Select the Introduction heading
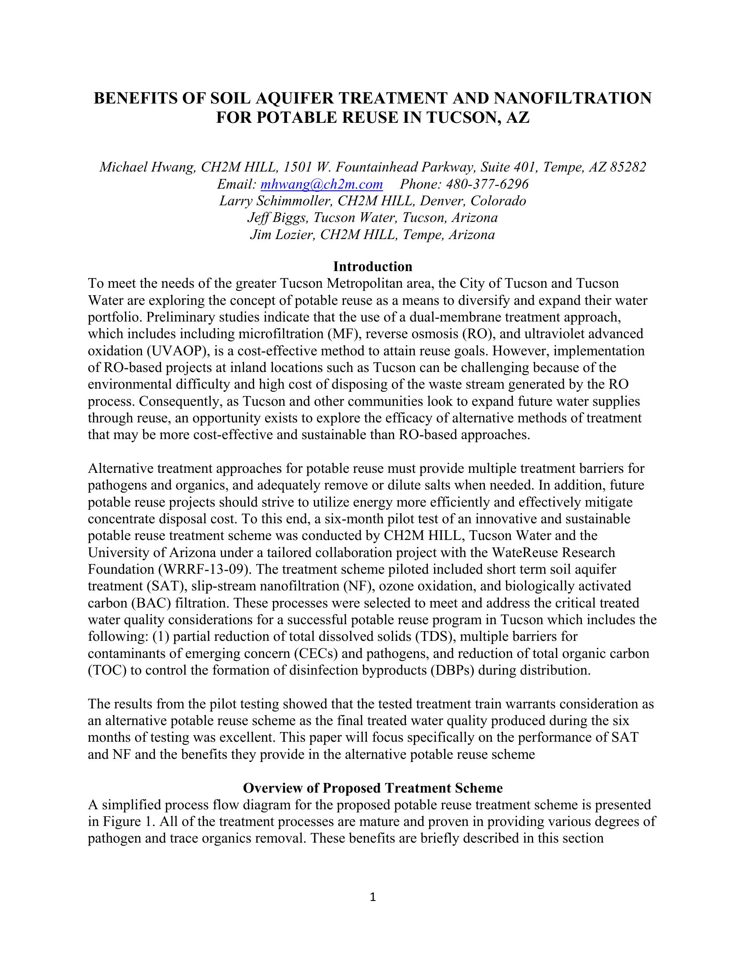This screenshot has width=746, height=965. (373, 266)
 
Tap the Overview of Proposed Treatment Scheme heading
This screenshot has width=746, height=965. (373, 788)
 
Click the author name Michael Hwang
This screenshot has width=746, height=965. (147, 167)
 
